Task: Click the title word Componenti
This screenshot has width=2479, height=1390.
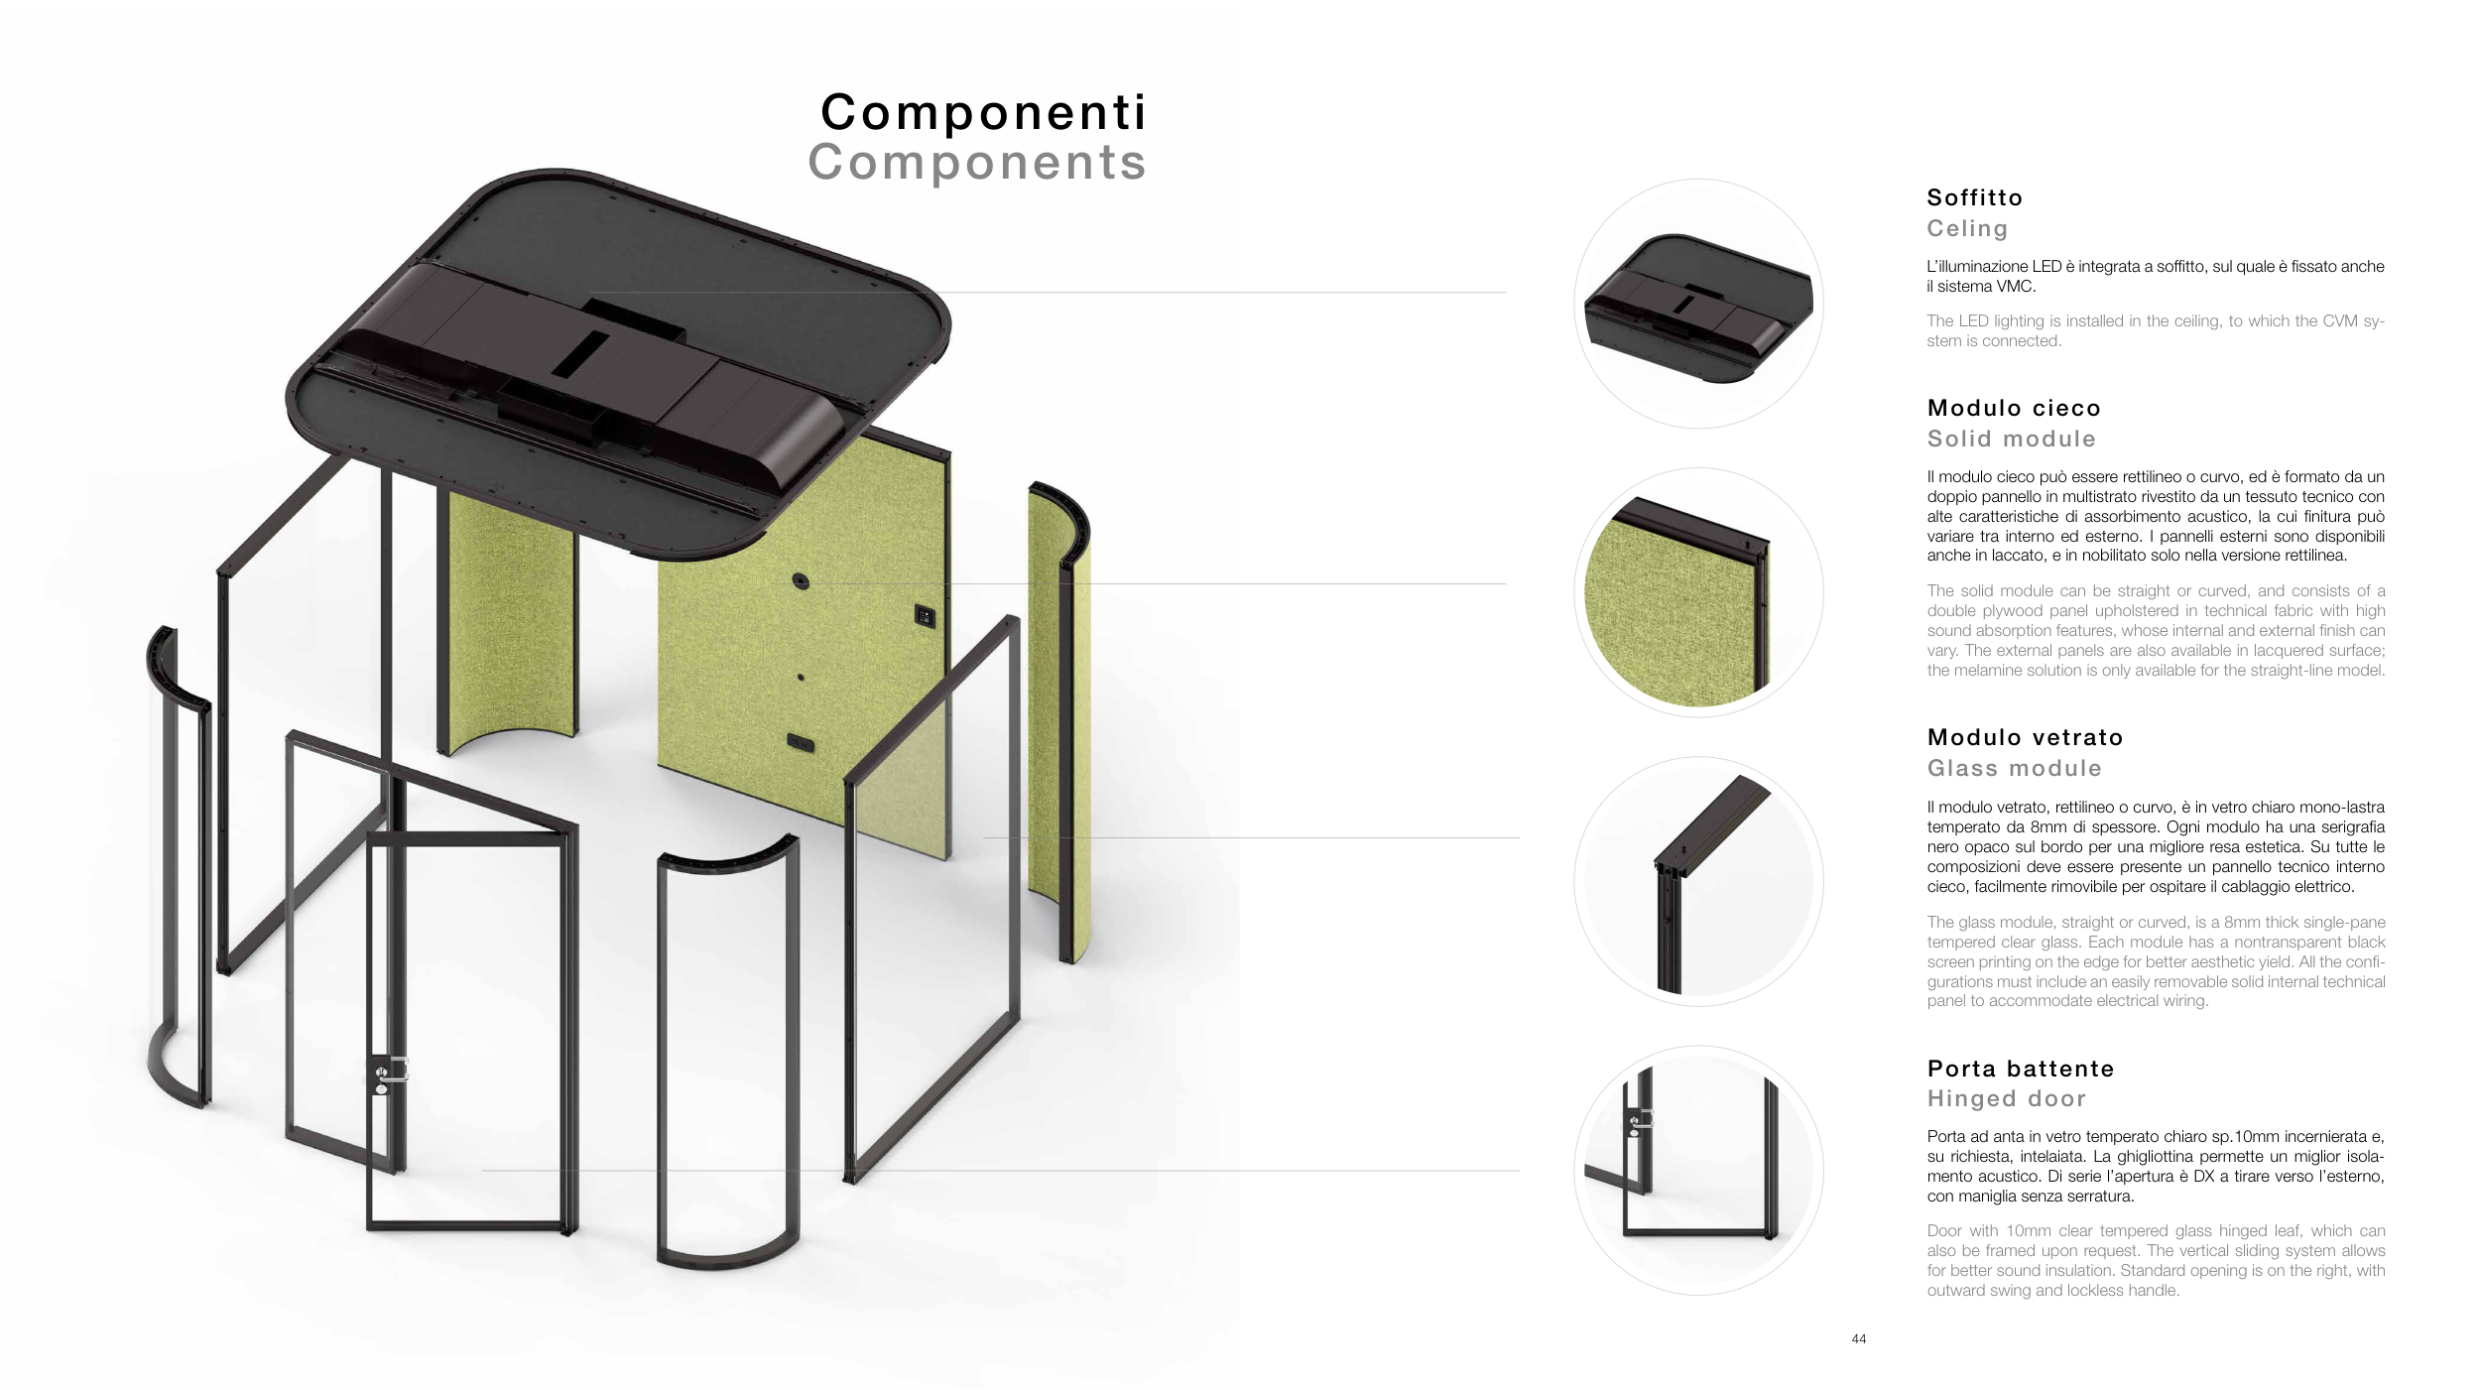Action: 983,112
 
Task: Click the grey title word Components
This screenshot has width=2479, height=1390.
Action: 977,162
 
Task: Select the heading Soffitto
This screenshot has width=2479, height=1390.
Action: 1974,197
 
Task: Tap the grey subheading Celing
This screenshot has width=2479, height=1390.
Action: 1967,229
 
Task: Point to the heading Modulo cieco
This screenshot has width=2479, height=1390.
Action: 2014,408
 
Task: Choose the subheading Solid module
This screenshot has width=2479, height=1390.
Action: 2011,439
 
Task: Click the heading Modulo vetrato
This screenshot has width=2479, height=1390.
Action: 2025,737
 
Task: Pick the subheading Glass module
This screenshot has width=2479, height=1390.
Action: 2014,768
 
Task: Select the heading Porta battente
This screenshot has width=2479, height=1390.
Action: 2021,1069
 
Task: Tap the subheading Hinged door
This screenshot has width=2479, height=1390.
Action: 2007,1098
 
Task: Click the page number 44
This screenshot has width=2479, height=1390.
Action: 1858,1339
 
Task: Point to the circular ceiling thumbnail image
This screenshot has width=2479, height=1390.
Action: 1698,304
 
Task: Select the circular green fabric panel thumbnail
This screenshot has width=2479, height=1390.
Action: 1698,592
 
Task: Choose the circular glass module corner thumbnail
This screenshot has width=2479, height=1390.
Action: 1698,881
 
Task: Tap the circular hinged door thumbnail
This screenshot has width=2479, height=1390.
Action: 1698,1170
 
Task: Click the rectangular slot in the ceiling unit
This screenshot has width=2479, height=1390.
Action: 579,353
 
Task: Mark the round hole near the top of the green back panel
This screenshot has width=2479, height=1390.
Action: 801,581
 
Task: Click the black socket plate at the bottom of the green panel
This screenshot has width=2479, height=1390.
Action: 801,743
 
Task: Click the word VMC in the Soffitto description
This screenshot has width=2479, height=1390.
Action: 2016,287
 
